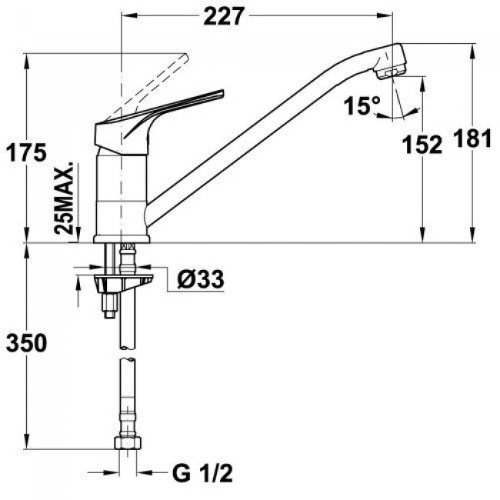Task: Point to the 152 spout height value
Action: click(422, 144)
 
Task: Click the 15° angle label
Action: click(361, 106)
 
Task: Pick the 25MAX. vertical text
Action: click(68, 198)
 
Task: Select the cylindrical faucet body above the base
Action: click(122, 192)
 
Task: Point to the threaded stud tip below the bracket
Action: click(109, 309)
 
